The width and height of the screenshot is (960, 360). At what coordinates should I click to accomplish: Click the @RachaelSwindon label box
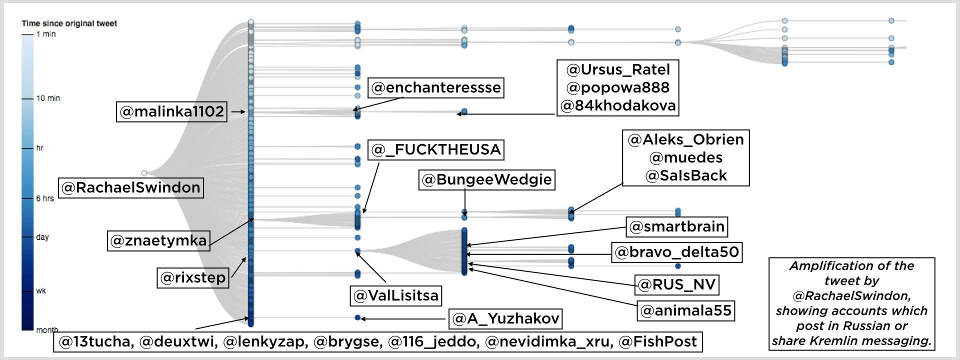(131, 187)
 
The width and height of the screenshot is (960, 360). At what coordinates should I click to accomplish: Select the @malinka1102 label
(172, 111)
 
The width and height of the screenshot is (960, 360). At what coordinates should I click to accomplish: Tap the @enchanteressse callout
(436, 87)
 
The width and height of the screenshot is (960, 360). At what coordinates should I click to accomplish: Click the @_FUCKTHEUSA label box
(436, 149)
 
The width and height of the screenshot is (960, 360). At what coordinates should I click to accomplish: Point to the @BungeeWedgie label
(487, 179)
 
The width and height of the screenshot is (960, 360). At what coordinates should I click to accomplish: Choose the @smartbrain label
(677, 226)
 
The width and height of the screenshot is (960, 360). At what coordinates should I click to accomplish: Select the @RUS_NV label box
(677, 284)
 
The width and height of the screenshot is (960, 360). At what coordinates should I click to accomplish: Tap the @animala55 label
(686, 310)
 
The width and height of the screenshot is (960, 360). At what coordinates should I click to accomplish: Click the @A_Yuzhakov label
(505, 318)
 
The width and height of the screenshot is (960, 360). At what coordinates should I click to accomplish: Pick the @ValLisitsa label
(396, 295)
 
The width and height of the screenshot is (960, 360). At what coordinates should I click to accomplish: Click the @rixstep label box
(193, 277)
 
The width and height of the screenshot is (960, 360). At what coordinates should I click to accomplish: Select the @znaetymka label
(158, 240)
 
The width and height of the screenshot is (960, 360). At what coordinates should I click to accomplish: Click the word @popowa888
(618, 87)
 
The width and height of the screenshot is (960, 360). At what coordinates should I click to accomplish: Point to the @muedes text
(686, 157)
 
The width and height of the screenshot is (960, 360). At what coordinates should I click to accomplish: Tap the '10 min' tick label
(48, 98)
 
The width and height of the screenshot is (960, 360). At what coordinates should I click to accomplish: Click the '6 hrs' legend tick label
(45, 198)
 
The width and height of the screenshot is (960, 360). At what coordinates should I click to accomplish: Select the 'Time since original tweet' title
(69, 23)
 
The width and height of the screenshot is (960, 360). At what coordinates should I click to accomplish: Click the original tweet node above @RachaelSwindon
(144, 173)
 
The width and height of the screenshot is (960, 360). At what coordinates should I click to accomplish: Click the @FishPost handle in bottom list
(657, 342)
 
